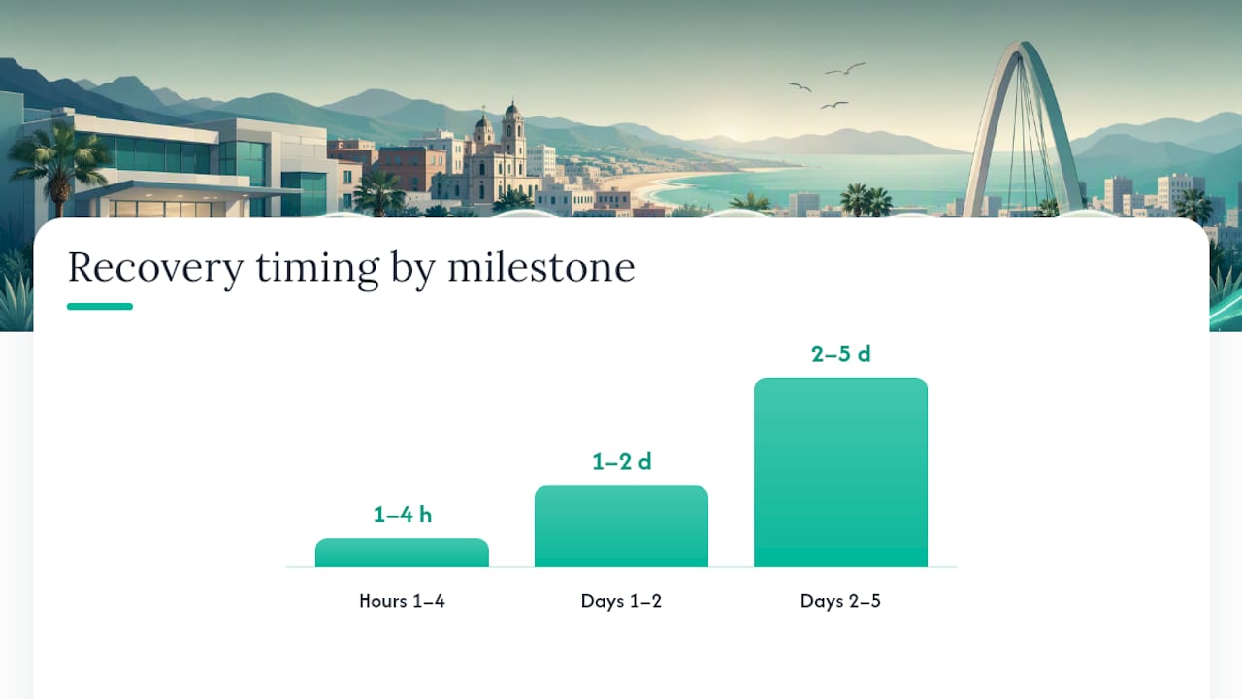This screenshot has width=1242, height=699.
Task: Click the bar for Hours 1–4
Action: coord(402,552)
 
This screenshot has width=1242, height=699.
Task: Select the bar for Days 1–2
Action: coord(621,526)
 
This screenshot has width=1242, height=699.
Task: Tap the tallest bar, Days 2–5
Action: coord(840,472)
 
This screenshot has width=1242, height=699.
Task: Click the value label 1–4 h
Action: coord(403,515)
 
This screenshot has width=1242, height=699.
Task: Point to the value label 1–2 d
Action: coord(622,461)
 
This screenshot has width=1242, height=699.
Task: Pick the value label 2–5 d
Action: coord(841,354)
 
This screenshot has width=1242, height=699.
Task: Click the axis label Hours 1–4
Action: coord(402,601)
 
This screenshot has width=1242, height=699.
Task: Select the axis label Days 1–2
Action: coord(621,601)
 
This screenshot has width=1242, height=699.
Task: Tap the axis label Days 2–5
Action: coord(840,601)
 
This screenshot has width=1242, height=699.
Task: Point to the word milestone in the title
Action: coord(541,267)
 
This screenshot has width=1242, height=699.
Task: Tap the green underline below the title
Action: coord(100,306)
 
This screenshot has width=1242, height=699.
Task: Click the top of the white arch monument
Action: coord(1025,46)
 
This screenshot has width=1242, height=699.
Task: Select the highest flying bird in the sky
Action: coord(845,69)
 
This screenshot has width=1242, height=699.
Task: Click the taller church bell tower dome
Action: coord(512,109)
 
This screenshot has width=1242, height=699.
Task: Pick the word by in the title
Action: coord(413,270)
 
